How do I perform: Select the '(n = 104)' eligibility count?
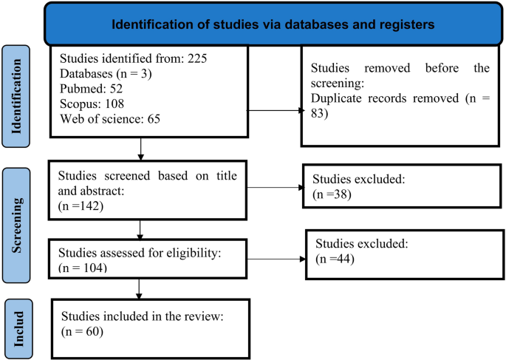(x=83, y=266)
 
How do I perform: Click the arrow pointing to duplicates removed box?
(x=298, y=112)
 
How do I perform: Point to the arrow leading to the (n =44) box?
(x=299, y=259)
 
